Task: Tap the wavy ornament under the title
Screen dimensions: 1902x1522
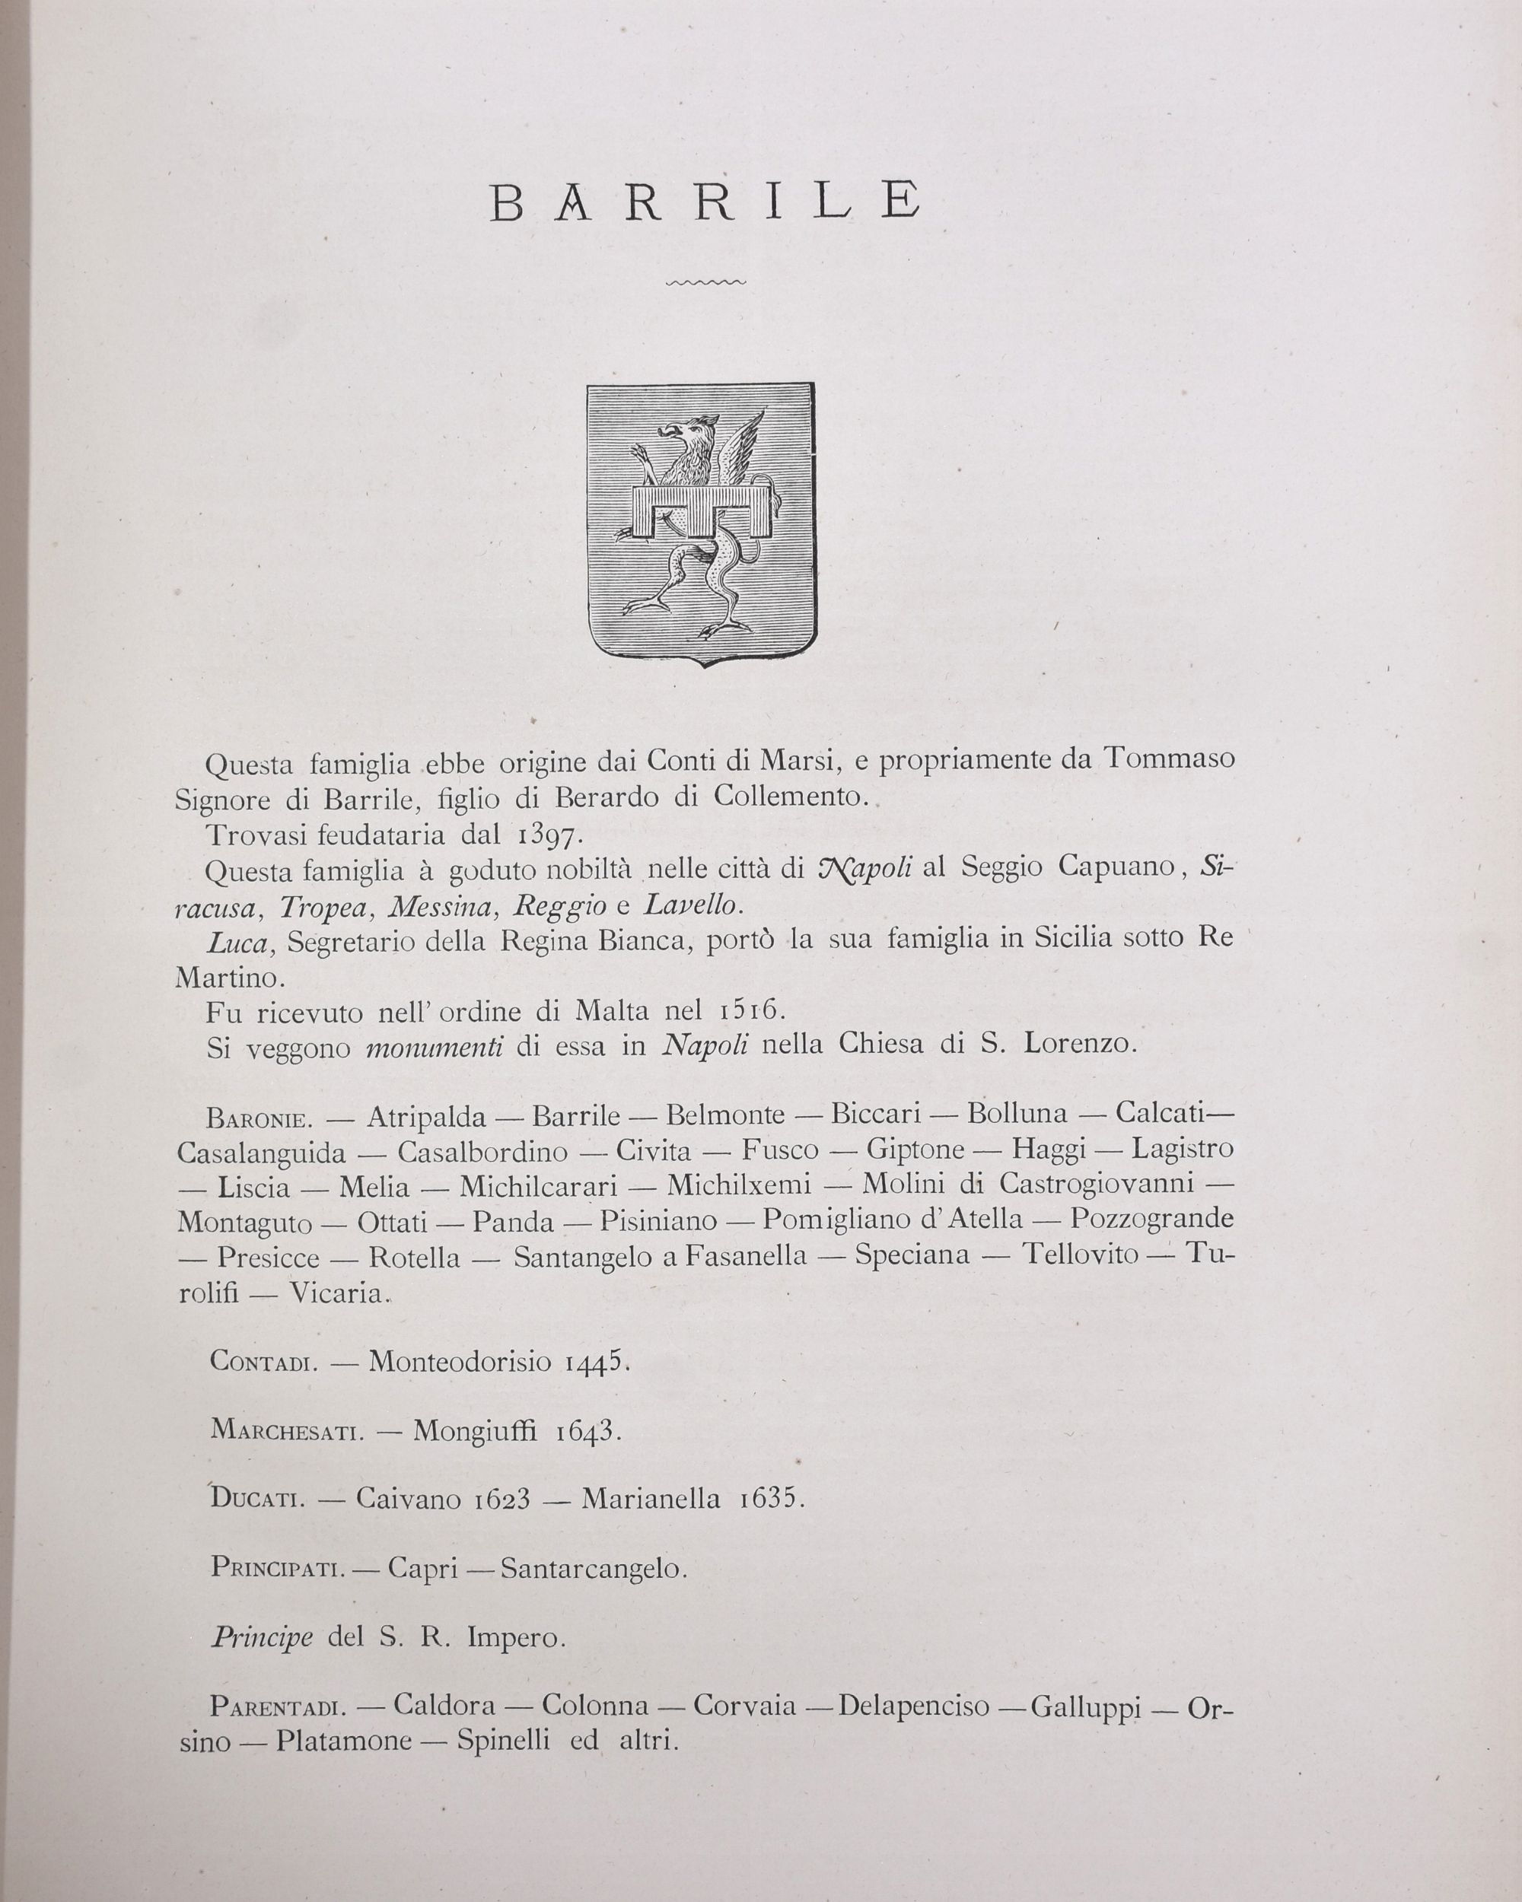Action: tap(707, 283)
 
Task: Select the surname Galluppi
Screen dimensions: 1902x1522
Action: tap(1086, 1707)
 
